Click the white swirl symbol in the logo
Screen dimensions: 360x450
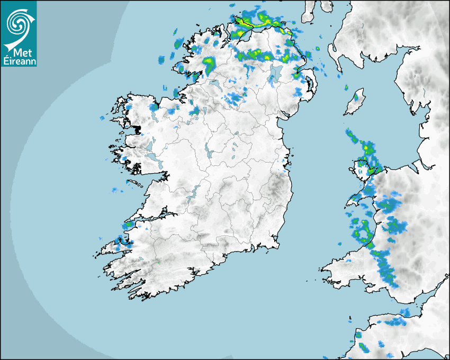tap(18, 23)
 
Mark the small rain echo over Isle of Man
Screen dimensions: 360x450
tap(357, 97)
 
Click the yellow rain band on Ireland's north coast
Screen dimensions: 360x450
tap(259, 22)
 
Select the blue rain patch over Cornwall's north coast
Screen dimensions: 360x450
tap(394, 322)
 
